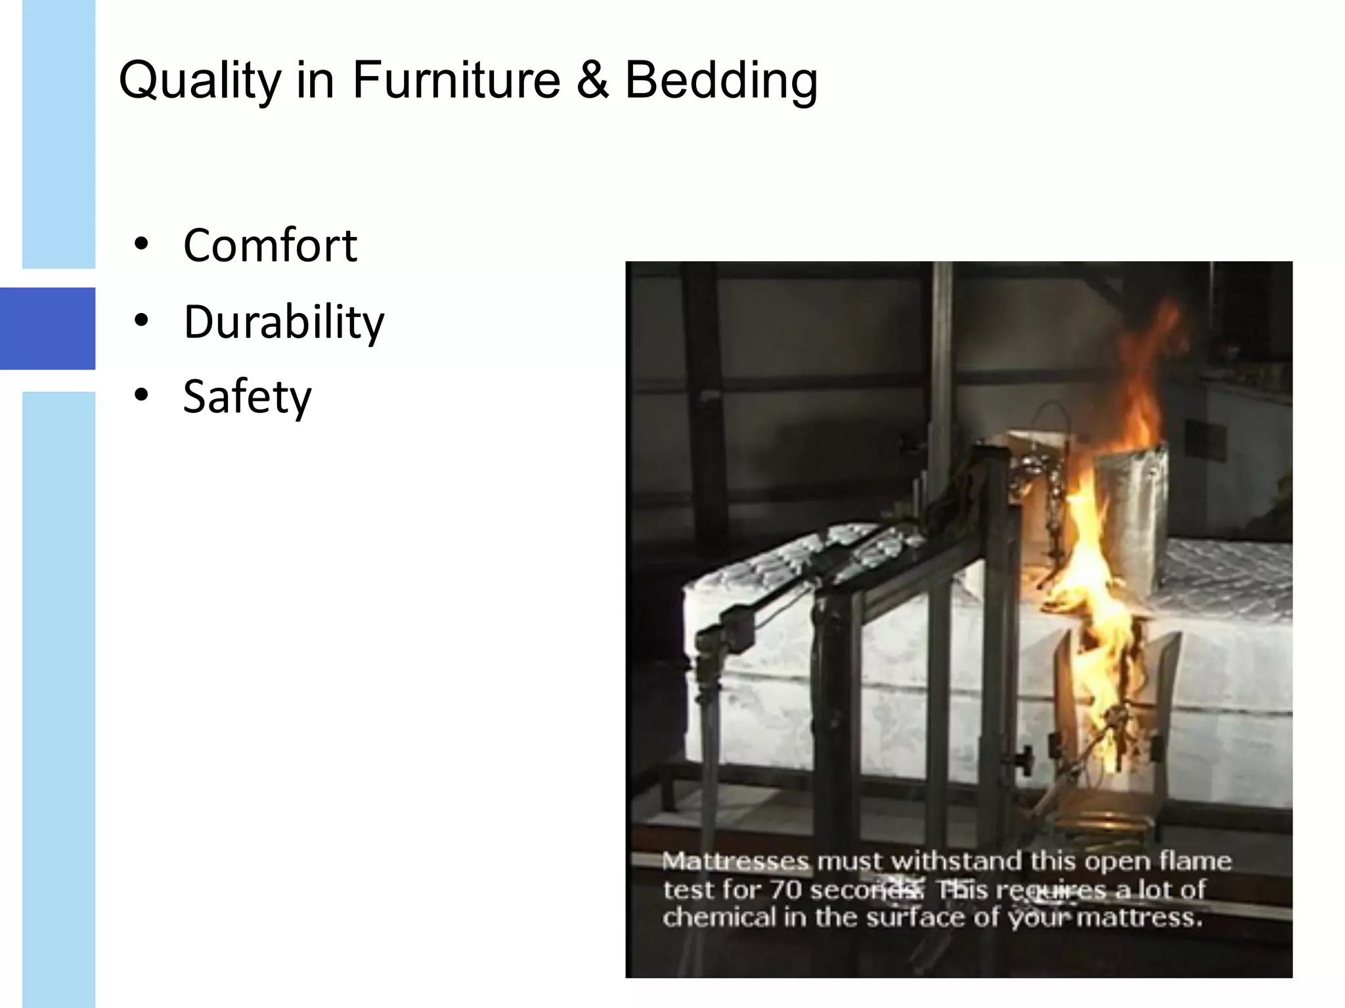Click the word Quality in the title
pyautogui.click(x=200, y=81)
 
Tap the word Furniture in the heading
pyautogui.click(x=456, y=80)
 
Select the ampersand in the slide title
pyautogui.click(x=592, y=80)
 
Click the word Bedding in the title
pyautogui.click(x=720, y=81)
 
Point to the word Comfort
pyautogui.click(x=270, y=245)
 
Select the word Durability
pyautogui.click(x=284, y=322)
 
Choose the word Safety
pyautogui.click(x=247, y=396)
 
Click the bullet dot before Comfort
pyautogui.click(x=141, y=244)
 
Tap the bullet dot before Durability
pyautogui.click(x=141, y=320)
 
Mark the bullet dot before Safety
pyautogui.click(x=141, y=395)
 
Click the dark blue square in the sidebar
pyautogui.click(x=47, y=328)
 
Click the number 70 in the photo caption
pyautogui.click(x=785, y=890)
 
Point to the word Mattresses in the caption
pyautogui.click(x=736, y=861)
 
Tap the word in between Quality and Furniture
pyautogui.click(x=315, y=80)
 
